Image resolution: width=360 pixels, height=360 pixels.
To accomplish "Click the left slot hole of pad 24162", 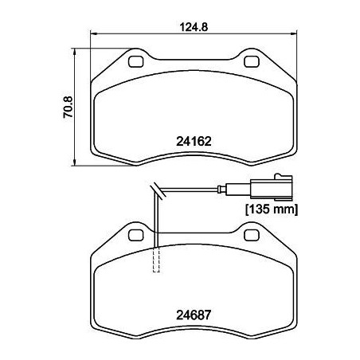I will click(x=135, y=61).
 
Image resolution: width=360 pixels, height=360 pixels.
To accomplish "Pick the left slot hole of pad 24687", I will click(x=135, y=233).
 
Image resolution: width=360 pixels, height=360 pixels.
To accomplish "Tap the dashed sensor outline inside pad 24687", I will click(x=156, y=260).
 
